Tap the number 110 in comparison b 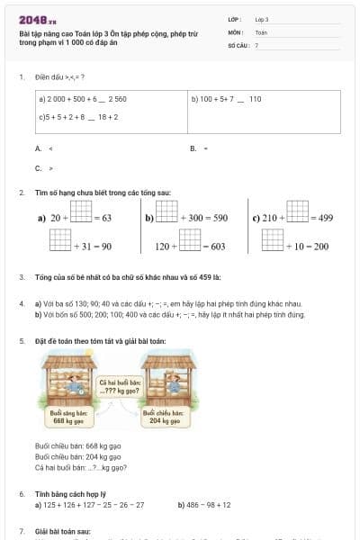pyautogui.click(x=255, y=99)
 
